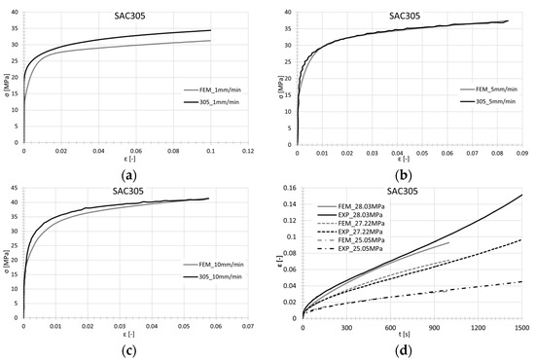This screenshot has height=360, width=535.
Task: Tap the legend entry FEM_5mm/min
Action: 484,90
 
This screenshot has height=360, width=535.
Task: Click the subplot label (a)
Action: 133,169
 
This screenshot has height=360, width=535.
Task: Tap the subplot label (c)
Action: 133,343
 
